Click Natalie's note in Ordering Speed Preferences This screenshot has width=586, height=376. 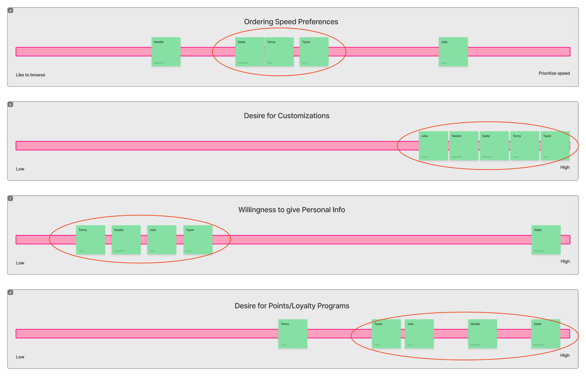point(166,52)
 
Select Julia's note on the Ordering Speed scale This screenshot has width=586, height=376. point(453,52)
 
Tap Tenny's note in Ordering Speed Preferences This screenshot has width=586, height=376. point(279,52)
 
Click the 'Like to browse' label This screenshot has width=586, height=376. point(30,75)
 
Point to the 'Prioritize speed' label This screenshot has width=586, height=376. point(554,73)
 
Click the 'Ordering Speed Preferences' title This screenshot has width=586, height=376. point(291,22)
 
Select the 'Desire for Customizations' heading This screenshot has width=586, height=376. point(286,116)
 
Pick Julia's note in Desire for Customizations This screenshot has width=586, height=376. point(433,146)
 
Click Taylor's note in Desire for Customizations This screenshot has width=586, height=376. point(555,146)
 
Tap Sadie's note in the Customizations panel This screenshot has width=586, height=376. point(494,146)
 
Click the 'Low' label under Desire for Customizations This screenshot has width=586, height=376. point(20,169)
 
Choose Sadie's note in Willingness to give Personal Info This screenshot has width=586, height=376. point(546,240)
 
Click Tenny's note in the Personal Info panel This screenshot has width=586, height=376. point(91,240)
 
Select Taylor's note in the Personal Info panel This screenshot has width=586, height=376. point(198,240)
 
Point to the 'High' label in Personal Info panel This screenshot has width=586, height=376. point(565,261)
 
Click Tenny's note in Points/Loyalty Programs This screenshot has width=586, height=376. point(293,334)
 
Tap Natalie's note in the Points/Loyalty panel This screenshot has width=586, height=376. point(483,334)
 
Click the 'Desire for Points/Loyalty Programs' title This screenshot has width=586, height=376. point(292,306)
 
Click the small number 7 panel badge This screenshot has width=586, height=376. point(10,199)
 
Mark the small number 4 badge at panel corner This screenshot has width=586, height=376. point(10,11)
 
